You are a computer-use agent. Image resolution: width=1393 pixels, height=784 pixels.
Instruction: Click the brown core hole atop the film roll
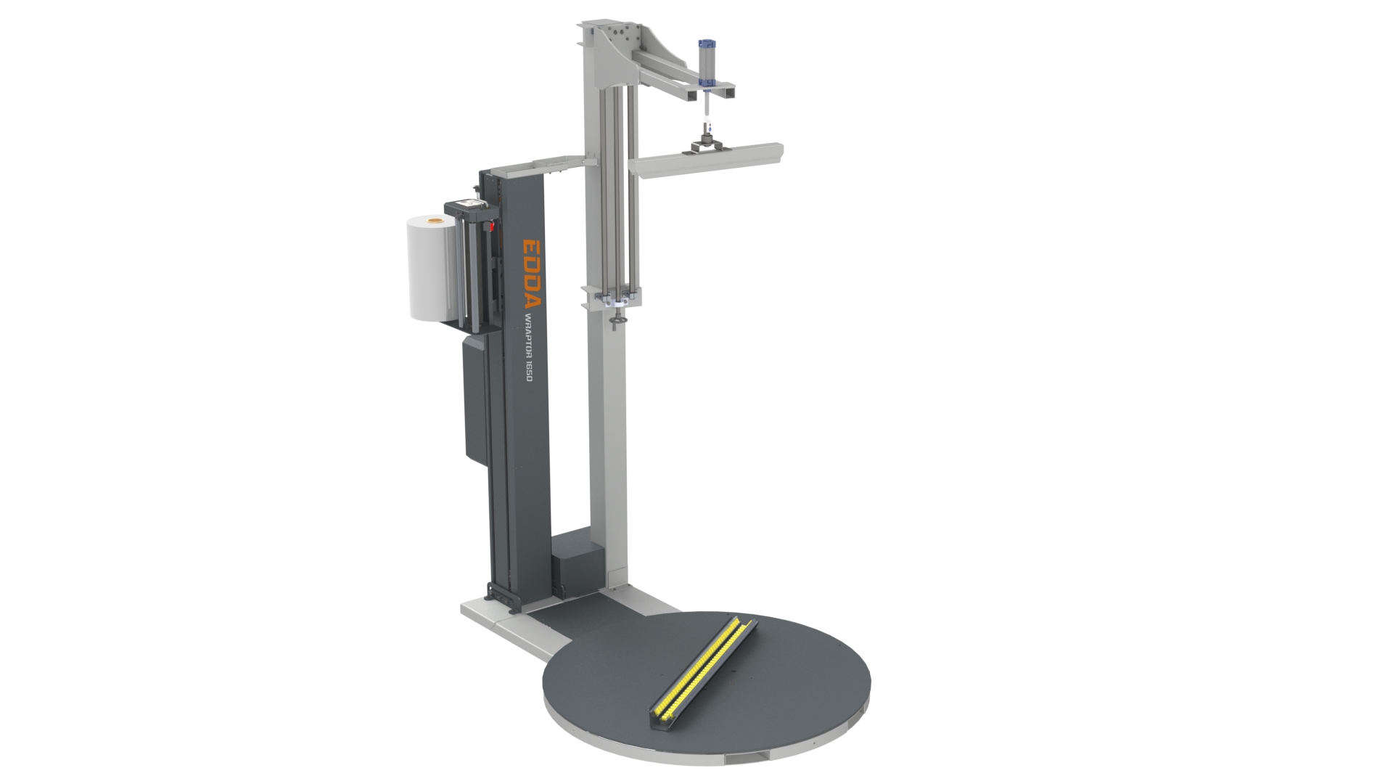435,219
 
